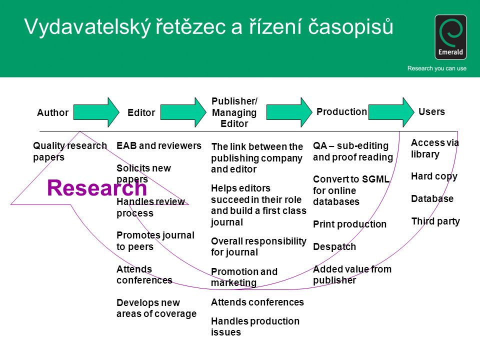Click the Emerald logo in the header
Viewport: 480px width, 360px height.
(x=450, y=37)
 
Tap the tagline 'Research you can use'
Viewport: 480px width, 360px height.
(x=437, y=68)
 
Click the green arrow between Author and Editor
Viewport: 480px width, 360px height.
(x=96, y=112)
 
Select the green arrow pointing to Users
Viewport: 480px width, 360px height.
(x=391, y=112)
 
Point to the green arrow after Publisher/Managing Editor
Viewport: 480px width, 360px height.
(x=289, y=112)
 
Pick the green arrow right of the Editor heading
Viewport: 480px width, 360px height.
(x=183, y=112)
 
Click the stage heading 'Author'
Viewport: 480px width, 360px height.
(x=52, y=112)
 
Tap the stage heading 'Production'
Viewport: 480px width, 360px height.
(x=341, y=111)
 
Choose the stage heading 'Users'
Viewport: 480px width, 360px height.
(x=431, y=111)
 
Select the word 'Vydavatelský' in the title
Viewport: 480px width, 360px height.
(x=87, y=27)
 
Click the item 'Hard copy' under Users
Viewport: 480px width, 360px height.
(x=434, y=176)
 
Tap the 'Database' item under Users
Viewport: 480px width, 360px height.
(x=432, y=198)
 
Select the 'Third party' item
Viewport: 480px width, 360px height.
(x=435, y=221)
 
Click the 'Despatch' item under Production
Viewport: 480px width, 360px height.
(x=334, y=246)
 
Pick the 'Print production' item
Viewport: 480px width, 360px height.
(x=349, y=224)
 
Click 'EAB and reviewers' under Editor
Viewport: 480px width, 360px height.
(x=159, y=145)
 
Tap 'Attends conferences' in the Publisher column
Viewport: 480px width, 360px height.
(x=257, y=302)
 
